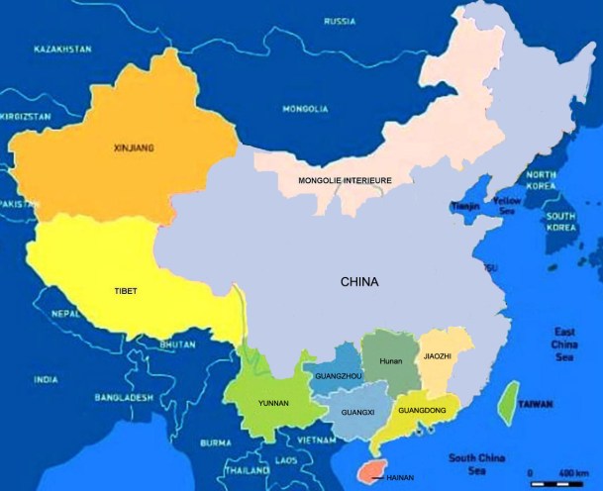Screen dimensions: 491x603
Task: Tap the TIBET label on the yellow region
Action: (x=125, y=291)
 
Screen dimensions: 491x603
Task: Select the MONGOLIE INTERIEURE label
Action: (x=346, y=181)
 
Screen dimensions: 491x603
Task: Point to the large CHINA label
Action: (x=359, y=282)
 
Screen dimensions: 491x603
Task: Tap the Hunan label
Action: (x=391, y=361)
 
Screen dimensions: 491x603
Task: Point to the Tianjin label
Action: (x=465, y=206)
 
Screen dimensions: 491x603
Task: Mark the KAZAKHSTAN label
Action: (x=62, y=49)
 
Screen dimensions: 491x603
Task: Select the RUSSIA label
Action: (x=339, y=20)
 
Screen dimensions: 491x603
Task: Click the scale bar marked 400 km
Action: (x=558, y=483)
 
